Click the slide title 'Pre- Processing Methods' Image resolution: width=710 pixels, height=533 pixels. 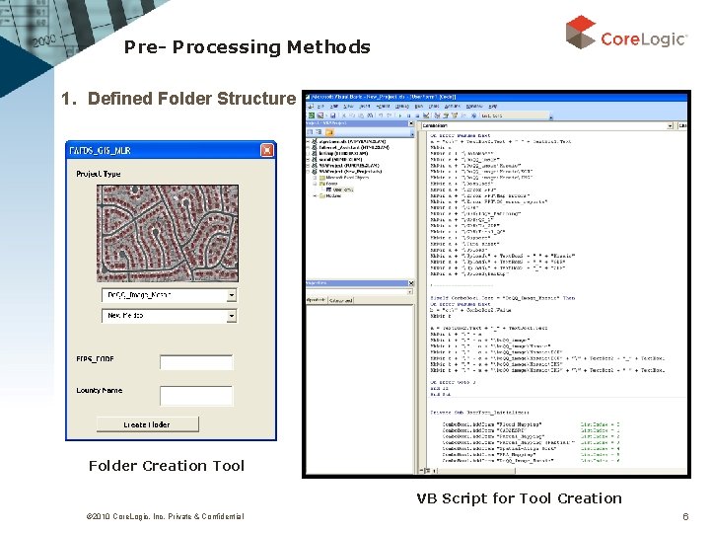[x=248, y=47]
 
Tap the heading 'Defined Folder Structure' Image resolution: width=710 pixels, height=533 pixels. [x=191, y=99]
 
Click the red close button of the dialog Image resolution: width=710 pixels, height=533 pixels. [x=267, y=149]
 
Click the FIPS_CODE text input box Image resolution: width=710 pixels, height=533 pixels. [x=196, y=362]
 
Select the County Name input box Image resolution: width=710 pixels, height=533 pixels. [x=196, y=395]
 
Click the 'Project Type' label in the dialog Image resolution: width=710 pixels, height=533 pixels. [x=99, y=174]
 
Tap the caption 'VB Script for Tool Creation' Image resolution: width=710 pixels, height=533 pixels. [x=519, y=498]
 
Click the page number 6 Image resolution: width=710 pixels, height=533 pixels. [x=685, y=516]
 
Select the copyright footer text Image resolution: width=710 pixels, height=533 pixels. [x=151, y=516]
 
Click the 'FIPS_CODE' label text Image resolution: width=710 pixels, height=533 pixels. [x=95, y=358]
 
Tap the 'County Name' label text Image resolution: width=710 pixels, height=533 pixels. [x=100, y=391]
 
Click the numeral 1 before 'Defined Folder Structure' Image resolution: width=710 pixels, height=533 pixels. [x=66, y=99]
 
